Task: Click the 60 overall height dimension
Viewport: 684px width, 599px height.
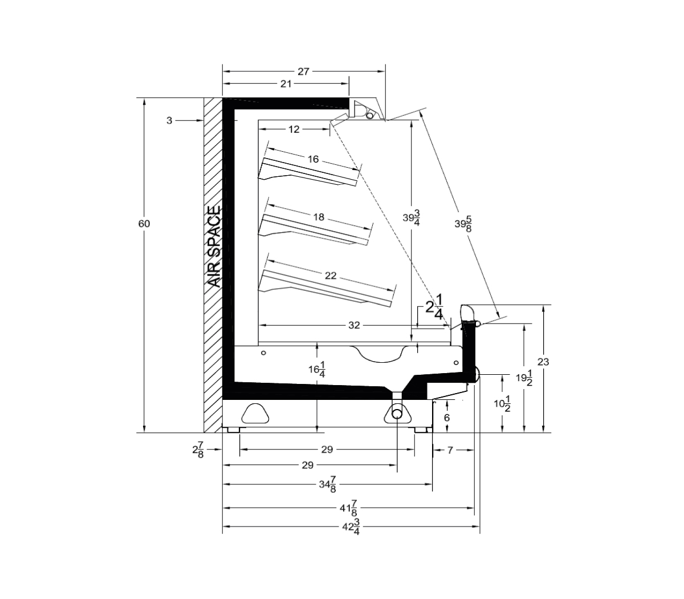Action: pos(144,224)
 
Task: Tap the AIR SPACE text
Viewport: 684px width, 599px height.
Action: pos(214,246)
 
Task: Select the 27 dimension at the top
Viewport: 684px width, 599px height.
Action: pos(303,72)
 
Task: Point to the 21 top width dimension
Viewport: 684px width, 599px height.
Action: pos(286,84)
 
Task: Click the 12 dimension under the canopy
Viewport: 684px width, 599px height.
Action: pos(294,129)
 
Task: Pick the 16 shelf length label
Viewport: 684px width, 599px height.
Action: pos(313,159)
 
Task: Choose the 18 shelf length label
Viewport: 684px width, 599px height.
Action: pos(319,217)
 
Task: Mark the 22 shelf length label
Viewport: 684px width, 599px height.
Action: pos(331,276)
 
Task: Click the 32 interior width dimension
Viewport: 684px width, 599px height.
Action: pos(354,325)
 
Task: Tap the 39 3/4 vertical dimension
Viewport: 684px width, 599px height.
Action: pos(411,218)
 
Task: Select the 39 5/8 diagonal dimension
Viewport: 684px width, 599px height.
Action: pos(463,224)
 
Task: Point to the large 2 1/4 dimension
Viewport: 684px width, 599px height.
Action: pos(434,306)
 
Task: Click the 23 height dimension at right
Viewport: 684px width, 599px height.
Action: pos(543,362)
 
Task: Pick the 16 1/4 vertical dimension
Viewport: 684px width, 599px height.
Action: pos(316,370)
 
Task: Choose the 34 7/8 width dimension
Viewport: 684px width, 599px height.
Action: pos(328,484)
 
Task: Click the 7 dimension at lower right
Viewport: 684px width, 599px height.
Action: pos(450,450)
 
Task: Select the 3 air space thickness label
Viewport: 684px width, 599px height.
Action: pos(169,120)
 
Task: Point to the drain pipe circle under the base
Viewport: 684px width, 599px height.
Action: pos(397,414)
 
